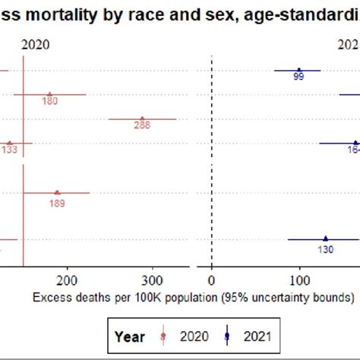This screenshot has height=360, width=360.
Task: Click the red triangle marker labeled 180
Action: tap(49, 95)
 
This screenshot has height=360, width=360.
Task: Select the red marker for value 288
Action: tap(142, 119)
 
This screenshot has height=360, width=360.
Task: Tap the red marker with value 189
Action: tap(57, 192)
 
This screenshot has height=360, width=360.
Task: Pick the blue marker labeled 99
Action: tap(298, 70)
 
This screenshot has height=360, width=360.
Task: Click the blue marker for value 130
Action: tap(325, 238)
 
